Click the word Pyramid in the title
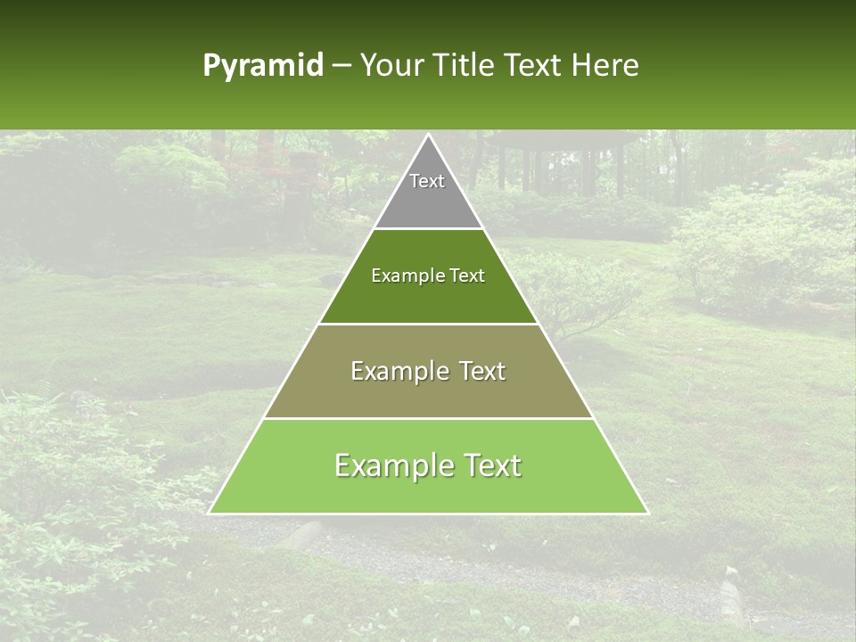click(262, 66)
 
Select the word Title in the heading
click(467, 65)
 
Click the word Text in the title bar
click(536, 65)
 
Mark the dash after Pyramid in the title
click(341, 66)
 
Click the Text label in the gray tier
click(427, 181)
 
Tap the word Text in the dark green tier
click(467, 276)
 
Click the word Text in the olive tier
click(482, 371)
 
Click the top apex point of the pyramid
click(428, 135)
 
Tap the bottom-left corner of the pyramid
click(209, 513)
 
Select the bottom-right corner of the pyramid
click(647, 513)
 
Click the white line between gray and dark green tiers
click(428, 228)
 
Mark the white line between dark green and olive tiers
click(428, 324)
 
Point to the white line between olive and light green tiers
click(428, 418)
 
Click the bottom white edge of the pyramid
click(428, 514)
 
